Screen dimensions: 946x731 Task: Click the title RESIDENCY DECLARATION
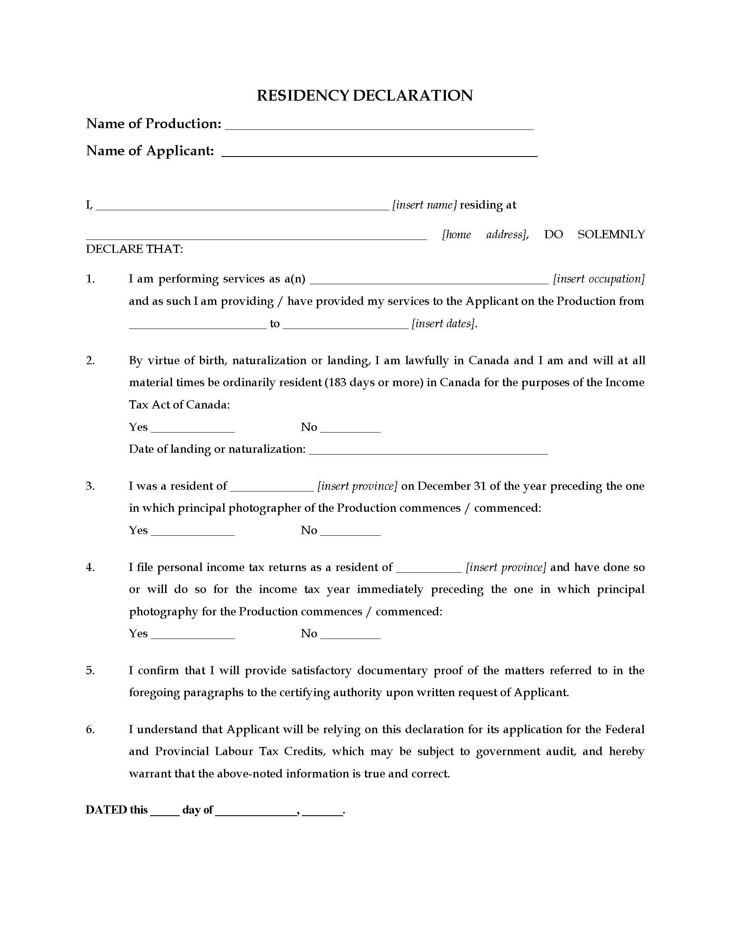[365, 95]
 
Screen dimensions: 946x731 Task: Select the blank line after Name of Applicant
[379, 154]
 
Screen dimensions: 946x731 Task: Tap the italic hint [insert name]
[424, 205]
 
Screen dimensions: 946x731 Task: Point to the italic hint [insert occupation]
[599, 279]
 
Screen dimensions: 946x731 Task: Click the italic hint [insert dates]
[444, 323]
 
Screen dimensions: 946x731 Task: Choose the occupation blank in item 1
[430, 281]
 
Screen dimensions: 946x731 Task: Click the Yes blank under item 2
[193, 430]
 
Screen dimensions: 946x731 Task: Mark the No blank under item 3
[350, 533]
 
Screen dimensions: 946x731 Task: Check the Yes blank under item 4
[193, 636]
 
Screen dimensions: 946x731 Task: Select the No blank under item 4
[350, 636]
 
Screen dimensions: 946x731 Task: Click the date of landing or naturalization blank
[429, 451]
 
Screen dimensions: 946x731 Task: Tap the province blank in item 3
[272, 488]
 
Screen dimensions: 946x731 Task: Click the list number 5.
[90, 670]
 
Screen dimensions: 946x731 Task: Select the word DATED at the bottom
[106, 810]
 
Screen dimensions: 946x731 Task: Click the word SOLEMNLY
[611, 234]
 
